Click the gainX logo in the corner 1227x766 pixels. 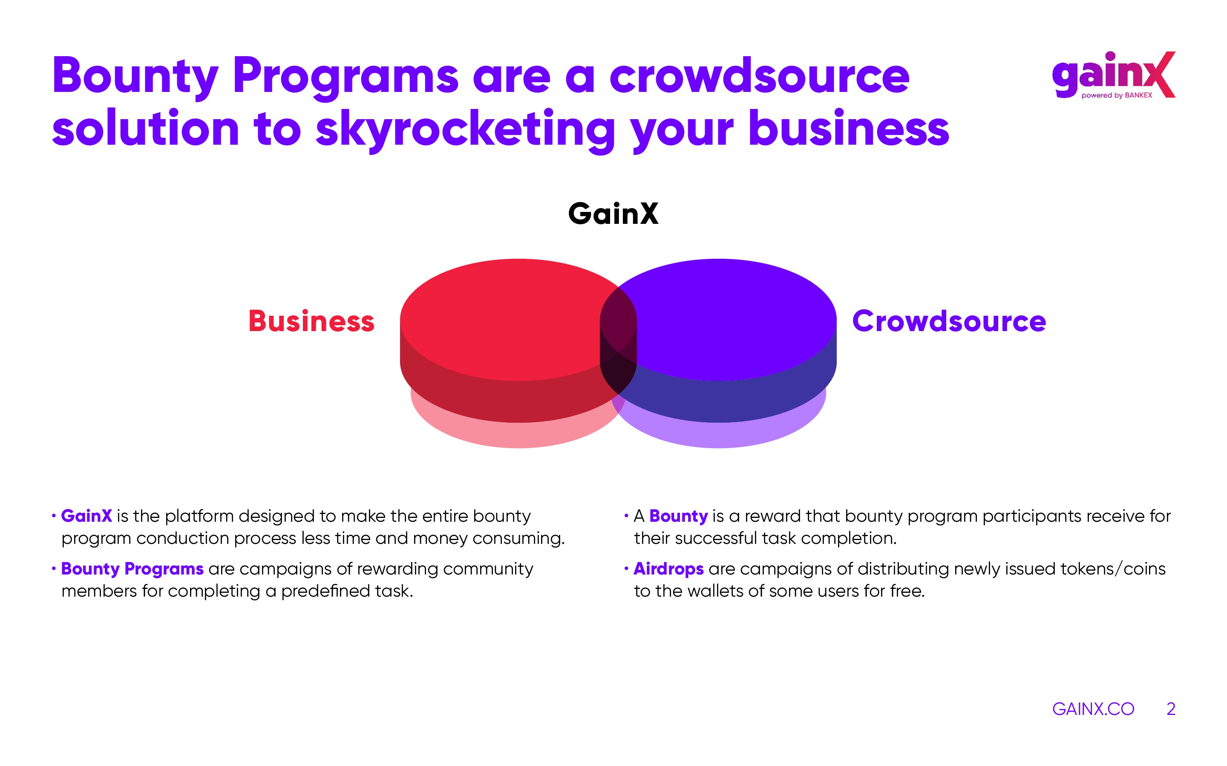(x=1113, y=75)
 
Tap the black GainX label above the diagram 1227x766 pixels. (x=613, y=213)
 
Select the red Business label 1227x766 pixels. (x=311, y=321)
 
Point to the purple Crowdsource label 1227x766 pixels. (x=949, y=321)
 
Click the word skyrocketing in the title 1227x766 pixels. (x=465, y=130)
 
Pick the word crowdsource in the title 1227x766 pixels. (x=759, y=76)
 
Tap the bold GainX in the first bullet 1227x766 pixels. (x=86, y=516)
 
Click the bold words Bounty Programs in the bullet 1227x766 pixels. (x=132, y=569)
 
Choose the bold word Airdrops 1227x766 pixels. (x=669, y=569)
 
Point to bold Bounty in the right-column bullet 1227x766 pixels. (x=678, y=516)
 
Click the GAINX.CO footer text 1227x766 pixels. (x=1093, y=709)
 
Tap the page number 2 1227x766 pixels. (x=1171, y=709)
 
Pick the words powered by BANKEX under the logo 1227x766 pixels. (x=1117, y=95)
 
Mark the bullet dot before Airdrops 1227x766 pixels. (x=626, y=569)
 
